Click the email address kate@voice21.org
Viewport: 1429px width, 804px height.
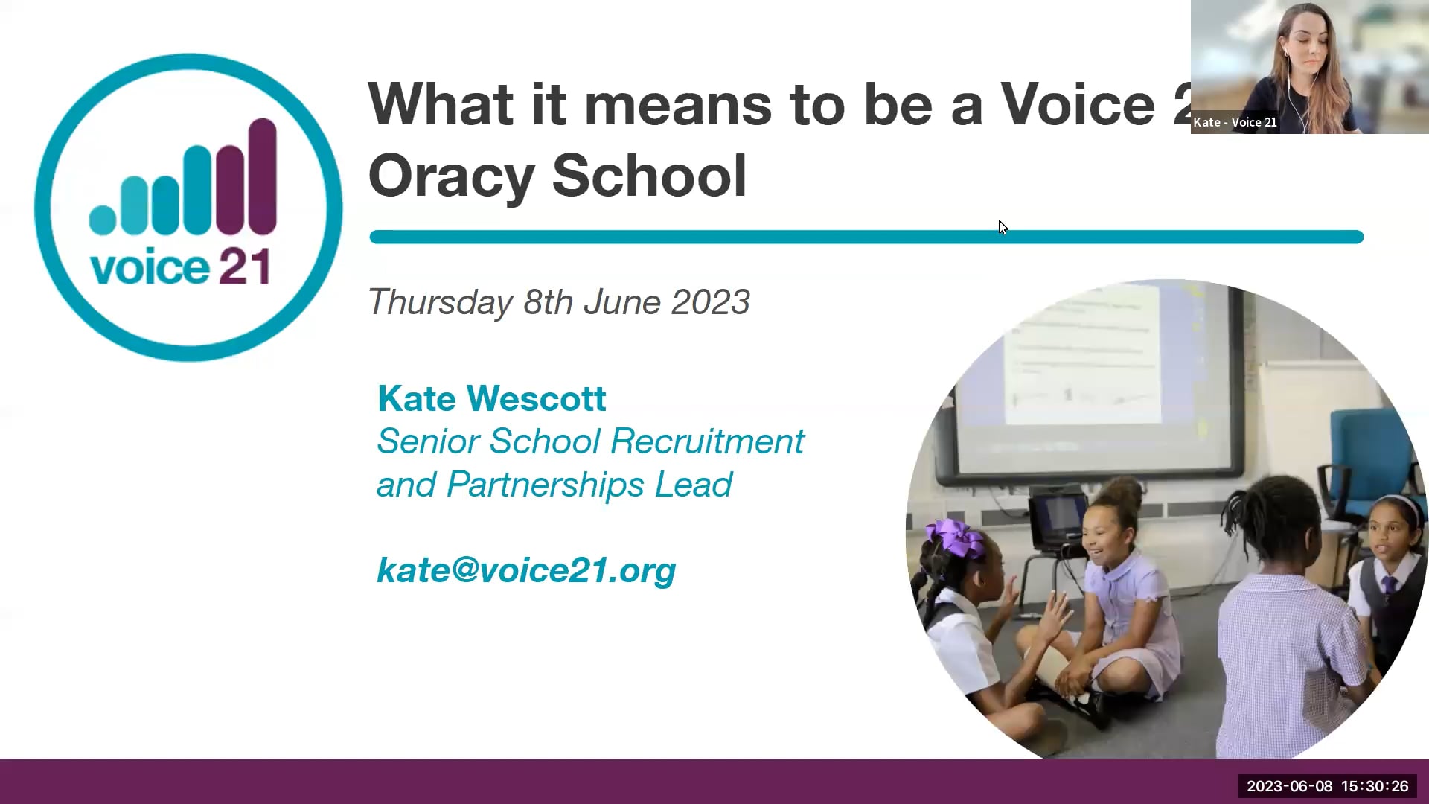point(526,570)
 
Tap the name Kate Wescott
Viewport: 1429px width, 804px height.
point(492,398)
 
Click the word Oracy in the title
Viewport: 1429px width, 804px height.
point(451,176)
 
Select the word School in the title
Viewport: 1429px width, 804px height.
point(649,176)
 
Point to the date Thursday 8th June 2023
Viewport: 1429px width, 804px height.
point(559,302)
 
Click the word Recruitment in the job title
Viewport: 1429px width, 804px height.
point(707,441)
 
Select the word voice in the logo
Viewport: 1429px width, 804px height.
point(150,268)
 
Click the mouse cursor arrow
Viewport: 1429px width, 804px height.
point(1002,226)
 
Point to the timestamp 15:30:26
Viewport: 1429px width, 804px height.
point(1375,786)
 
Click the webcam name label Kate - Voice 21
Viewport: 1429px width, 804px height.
point(1235,122)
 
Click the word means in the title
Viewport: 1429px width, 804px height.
point(677,104)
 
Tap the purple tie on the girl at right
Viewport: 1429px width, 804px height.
point(1389,587)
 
